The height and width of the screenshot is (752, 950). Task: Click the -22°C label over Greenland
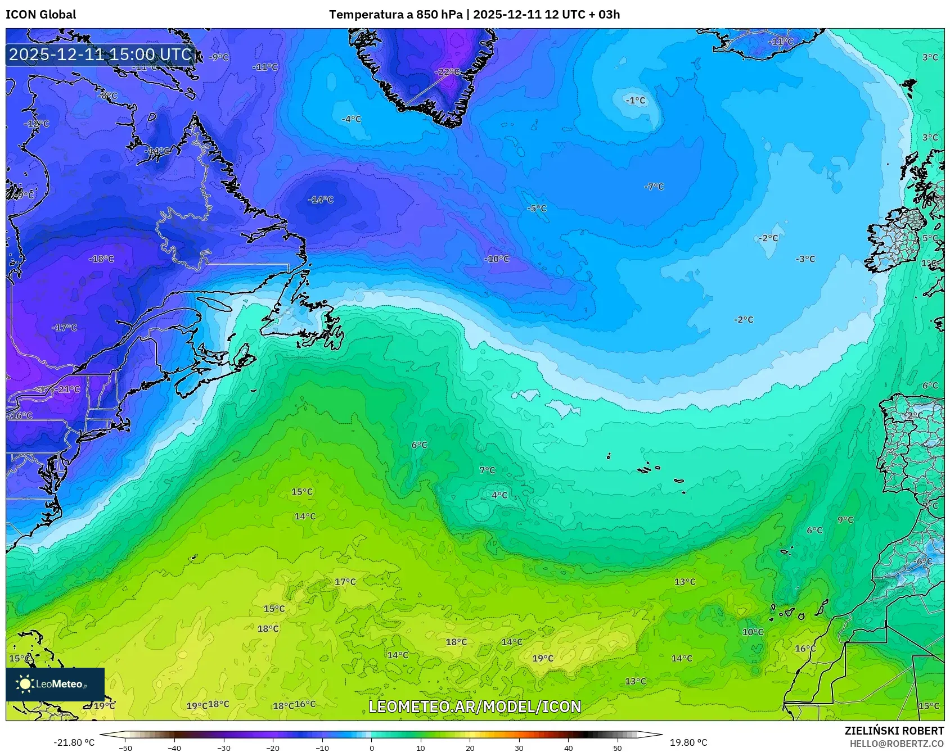(448, 72)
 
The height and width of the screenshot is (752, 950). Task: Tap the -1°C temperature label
(636, 101)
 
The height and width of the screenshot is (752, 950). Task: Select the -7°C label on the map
(654, 187)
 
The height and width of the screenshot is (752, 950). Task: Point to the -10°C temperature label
(497, 259)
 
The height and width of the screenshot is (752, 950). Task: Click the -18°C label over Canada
(101, 259)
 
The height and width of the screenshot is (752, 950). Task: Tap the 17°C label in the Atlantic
(345, 582)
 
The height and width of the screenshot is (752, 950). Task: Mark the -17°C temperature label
(65, 328)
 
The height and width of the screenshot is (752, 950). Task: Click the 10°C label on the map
(753, 632)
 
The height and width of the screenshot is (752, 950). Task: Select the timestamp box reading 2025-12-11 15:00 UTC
(100, 55)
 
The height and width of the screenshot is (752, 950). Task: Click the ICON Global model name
(40, 15)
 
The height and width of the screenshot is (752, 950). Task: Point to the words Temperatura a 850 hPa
(395, 15)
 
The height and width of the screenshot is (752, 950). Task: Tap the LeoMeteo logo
(55, 684)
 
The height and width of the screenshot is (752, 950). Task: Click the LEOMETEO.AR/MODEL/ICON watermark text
(475, 706)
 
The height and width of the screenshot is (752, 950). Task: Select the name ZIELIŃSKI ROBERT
(894, 731)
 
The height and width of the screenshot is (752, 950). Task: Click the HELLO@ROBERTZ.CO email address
(897, 744)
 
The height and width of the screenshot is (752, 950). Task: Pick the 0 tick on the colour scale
(371, 748)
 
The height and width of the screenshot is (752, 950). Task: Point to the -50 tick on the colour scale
(125, 748)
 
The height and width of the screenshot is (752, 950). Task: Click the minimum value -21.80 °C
(74, 742)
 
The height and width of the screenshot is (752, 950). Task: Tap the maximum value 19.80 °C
(688, 742)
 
